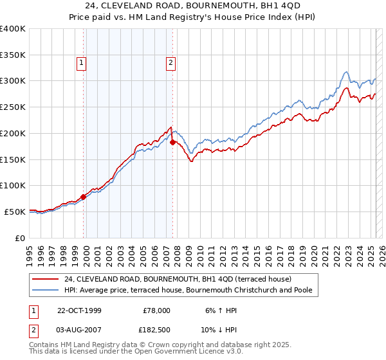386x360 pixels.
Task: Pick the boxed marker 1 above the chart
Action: click(82, 63)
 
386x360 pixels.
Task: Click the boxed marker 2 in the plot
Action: click(170, 63)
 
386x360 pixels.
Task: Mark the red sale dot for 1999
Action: click(84, 197)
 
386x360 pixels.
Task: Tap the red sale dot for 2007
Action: click(172, 142)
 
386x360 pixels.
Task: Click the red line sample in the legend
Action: click(45, 279)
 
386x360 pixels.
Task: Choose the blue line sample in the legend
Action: click(45, 290)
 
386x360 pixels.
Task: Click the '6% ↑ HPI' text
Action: click(219, 310)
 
